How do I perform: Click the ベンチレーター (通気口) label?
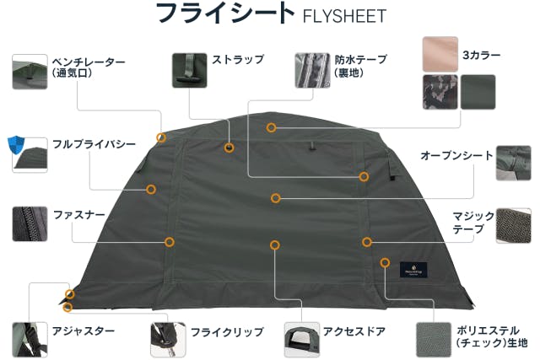tap(89, 67)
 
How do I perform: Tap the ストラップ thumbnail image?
tap(189, 70)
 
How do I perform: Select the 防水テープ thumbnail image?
tap(312, 70)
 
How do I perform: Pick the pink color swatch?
tap(440, 54)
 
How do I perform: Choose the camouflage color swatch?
tap(440, 92)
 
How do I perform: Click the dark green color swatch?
tap(478, 92)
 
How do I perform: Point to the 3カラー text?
tap(481, 55)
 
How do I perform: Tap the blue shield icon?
tap(16, 146)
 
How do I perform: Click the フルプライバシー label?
tap(94, 144)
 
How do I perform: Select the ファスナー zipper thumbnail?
tap(30, 223)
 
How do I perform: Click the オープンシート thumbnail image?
tap(513, 163)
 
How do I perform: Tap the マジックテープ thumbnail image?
tap(513, 225)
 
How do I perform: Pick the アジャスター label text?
tap(84, 331)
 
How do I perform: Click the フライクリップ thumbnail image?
tap(168, 340)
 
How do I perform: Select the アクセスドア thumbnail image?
tap(302, 340)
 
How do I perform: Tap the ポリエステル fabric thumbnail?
tap(433, 340)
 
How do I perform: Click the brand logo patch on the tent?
tap(413, 270)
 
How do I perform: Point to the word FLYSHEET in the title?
tap(344, 16)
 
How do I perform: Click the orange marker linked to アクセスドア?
tap(274, 245)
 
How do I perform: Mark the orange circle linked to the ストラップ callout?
tap(229, 148)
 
